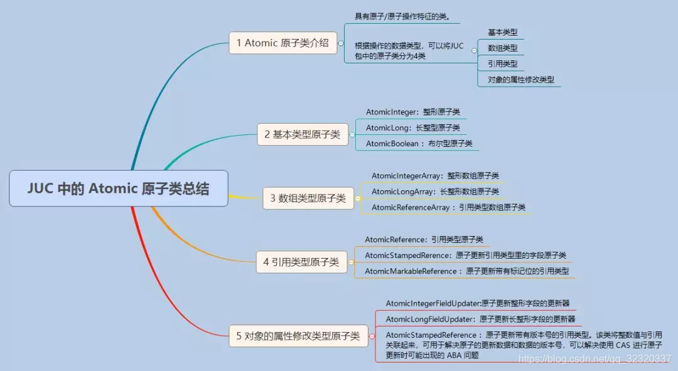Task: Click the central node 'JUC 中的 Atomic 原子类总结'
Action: (x=118, y=188)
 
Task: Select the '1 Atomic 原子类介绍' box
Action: (x=282, y=43)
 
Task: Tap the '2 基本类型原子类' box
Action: (x=302, y=134)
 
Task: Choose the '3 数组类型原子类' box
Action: (x=308, y=198)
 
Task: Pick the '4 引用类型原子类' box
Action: (x=301, y=262)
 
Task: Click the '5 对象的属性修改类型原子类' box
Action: (x=298, y=336)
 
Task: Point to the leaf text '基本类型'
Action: (x=503, y=32)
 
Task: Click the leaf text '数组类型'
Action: (x=503, y=48)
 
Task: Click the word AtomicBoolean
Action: (x=392, y=144)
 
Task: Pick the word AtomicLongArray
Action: (x=403, y=191)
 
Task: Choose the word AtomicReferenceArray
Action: (x=411, y=207)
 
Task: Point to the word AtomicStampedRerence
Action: (x=407, y=255)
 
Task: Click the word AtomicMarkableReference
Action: (x=411, y=271)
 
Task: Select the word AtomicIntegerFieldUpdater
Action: (x=433, y=303)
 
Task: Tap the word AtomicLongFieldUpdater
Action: (x=427, y=319)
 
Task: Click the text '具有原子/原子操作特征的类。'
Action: (x=402, y=16)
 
